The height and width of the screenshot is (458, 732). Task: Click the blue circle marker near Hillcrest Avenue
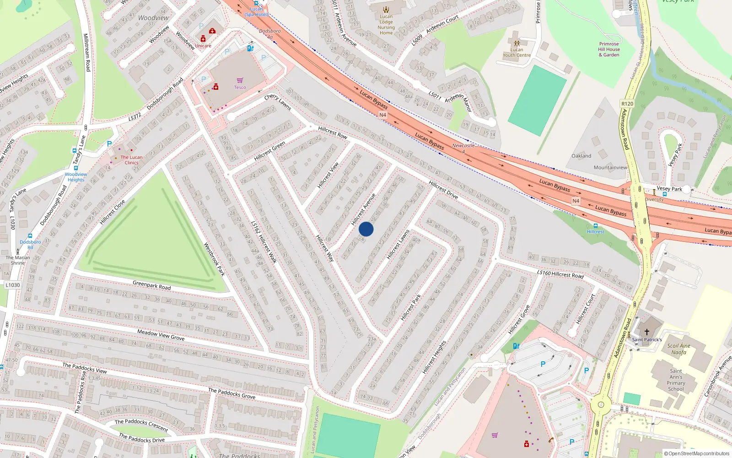[x=366, y=229]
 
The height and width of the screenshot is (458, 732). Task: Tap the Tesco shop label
[x=240, y=87]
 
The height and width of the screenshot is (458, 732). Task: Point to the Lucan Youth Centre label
[x=517, y=52]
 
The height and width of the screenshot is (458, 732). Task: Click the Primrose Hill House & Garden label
[x=609, y=49]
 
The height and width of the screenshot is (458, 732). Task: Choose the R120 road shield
[x=627, y=104]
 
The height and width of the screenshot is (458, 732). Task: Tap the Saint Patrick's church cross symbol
[x=646, y=332]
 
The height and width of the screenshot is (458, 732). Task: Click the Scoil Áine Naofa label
[x=679, y=349]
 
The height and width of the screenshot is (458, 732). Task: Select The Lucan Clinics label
[x=131, y=160]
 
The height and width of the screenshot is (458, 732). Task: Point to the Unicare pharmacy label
[x=203, y=46]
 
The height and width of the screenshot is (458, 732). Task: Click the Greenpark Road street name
[x=151, y=285]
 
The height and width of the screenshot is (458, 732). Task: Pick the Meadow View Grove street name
[x=161, y=335]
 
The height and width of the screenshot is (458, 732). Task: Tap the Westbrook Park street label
[x=214, y=259]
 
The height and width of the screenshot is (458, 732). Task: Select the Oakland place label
[x=581, y=156]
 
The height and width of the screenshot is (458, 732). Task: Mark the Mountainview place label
[x=610, y=168]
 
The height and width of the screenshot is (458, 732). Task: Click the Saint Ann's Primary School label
[x=676, y=380]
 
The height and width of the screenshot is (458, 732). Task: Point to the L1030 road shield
[x=13, y=285]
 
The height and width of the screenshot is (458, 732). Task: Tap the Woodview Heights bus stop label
[x=76, y=177]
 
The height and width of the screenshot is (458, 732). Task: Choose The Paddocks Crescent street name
[x=141, y=425]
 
